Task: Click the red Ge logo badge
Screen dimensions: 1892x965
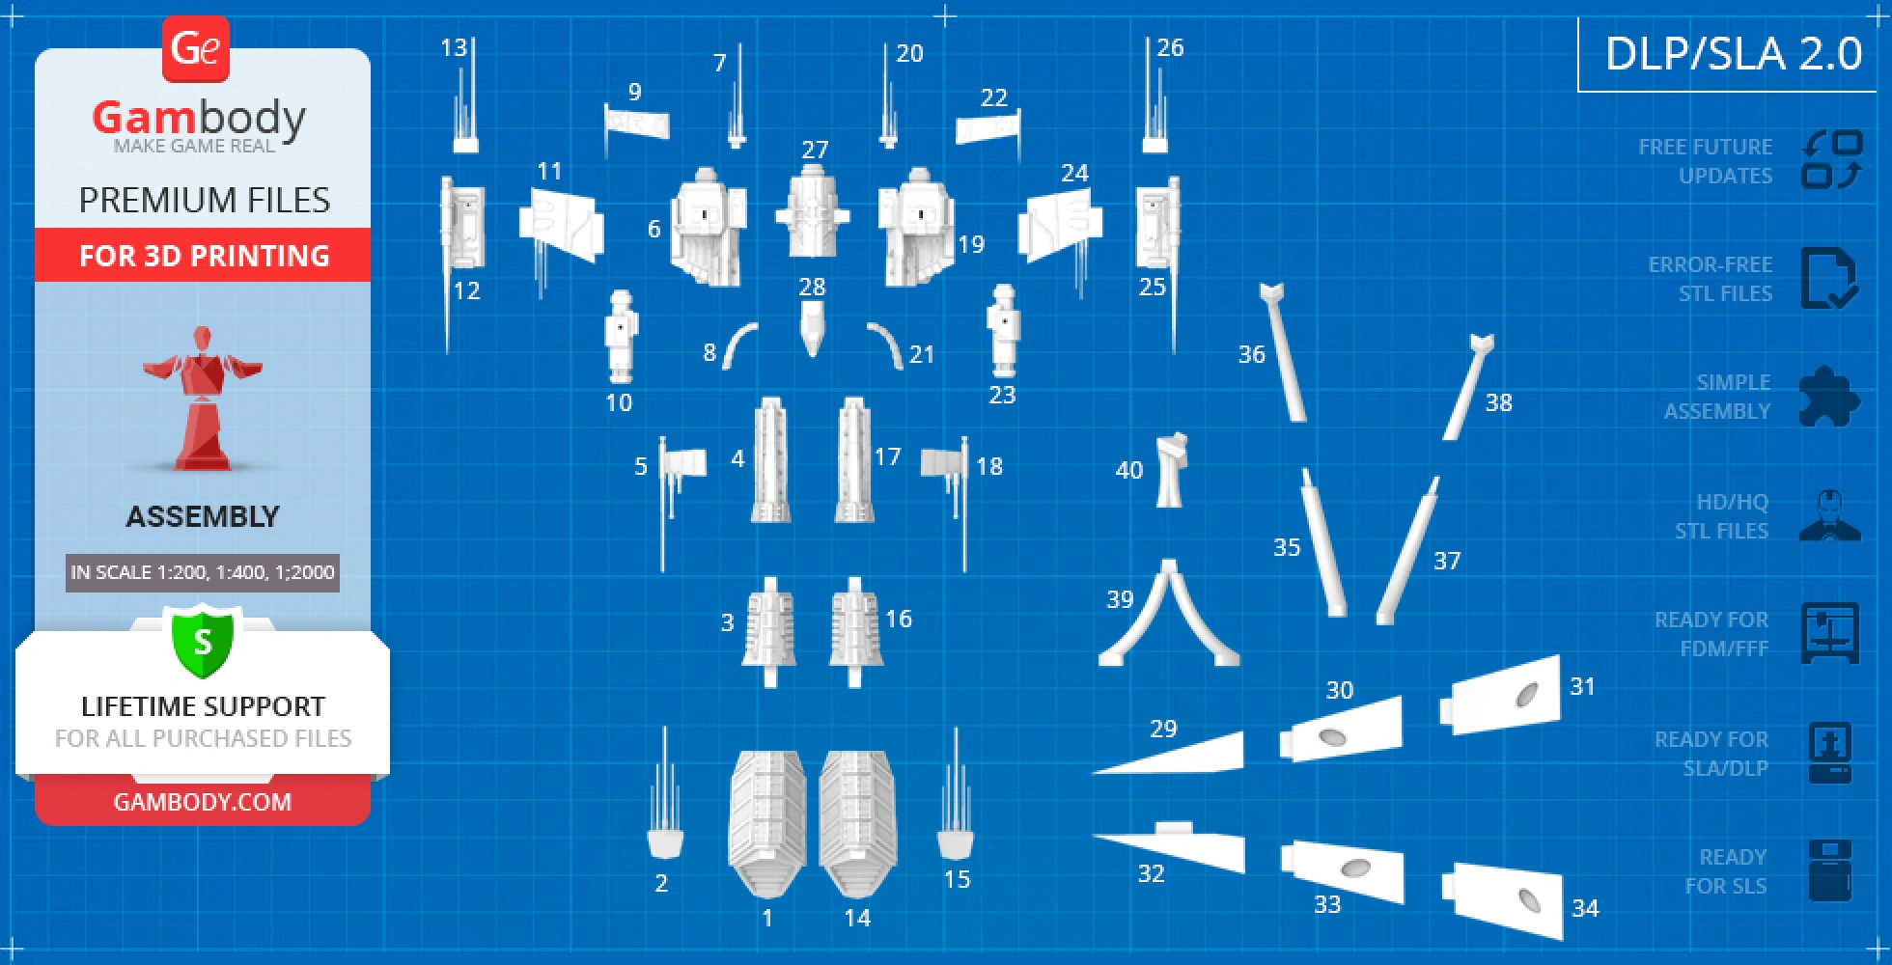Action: (x=196, y=48)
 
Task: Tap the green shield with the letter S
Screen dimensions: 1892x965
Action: (x=203, y=642)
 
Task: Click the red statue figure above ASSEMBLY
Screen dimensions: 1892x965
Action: (x=203, y=399)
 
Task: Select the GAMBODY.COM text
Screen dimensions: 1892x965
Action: (x=203, y=802)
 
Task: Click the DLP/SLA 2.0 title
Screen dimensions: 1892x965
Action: (x=1734, y=53)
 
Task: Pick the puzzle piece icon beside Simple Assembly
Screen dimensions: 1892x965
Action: (x=1829, y=396)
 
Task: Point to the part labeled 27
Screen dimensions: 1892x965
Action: (x=812, y=210)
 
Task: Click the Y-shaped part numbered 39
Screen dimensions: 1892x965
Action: (x=1169, y=615)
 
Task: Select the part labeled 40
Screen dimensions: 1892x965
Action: (x=1171, y=470)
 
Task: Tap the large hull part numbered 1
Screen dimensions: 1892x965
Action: (x=767, y=823)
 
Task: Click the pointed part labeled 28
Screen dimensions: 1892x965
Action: (x=812, y=328)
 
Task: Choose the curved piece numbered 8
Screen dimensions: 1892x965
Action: (x=738, y=344)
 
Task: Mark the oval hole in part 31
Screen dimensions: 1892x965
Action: (x=1527, y=695)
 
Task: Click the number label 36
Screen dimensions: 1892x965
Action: (x=1251, y=354)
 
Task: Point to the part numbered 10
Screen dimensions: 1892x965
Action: (x=620, y=337)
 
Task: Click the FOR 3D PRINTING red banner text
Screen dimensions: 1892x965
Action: (x=204, y=256)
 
